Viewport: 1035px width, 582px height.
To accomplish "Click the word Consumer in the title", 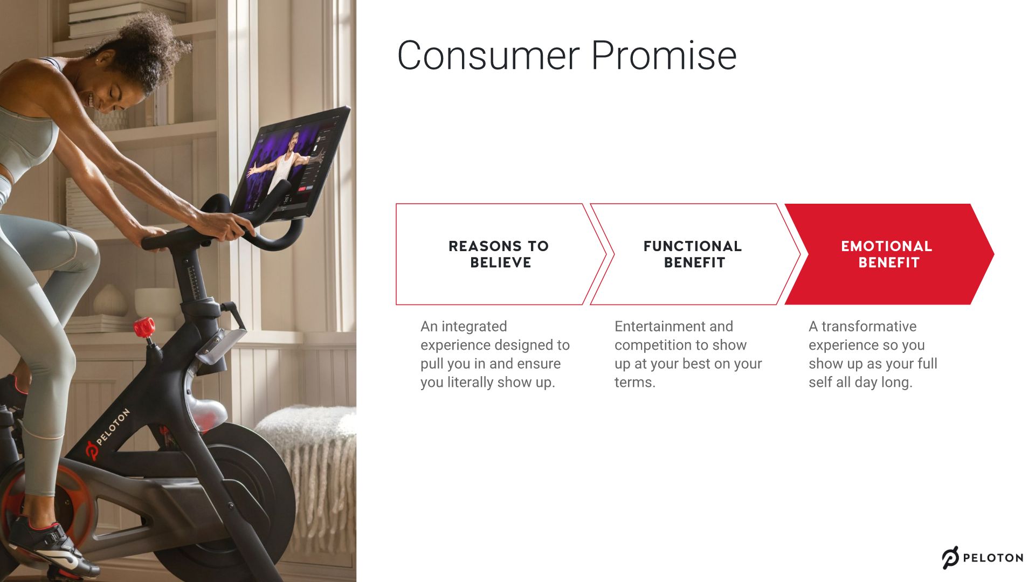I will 488,56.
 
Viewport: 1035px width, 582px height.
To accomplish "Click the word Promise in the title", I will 664,56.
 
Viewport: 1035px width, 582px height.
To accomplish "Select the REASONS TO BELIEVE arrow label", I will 499,254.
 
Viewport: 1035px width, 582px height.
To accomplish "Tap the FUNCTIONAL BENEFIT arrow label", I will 693,254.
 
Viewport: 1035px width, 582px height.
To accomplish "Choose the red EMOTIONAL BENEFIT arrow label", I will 887,254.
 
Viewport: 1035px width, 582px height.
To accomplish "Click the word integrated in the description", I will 474,327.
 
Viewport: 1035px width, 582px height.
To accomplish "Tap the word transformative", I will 868,327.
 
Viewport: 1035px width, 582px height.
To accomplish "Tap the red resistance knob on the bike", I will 144,327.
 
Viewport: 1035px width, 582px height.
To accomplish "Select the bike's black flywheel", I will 248,485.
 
